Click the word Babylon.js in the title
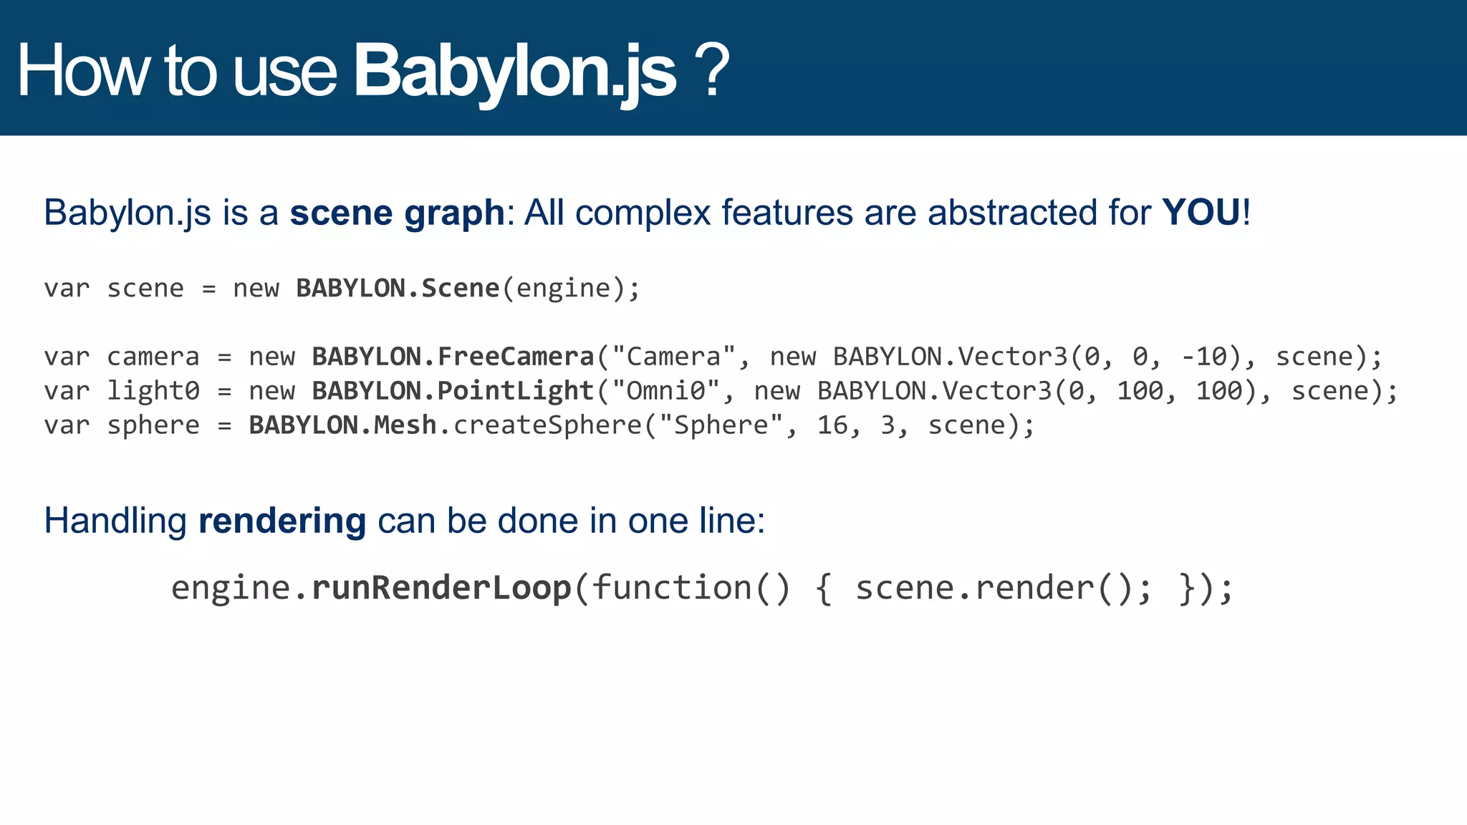[x=514, y=72]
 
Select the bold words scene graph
[x=397, y=213]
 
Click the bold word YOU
[x=1201, y=213]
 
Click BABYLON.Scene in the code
[x=398, y=288]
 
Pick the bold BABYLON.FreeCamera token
[x=453, y=357]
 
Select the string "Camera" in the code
[x=673, y=357]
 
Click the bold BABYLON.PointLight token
[x=453, y=391]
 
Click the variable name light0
[x=153, y=391]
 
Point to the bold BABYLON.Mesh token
[x=342, y=425]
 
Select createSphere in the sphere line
[x=548, y=425]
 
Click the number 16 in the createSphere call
[x=832, y=425]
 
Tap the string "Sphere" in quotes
[x=721, y=425]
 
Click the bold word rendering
[x=282, y=521]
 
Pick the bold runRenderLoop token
[x=441, y=588]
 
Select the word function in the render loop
[x=671, y=588]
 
